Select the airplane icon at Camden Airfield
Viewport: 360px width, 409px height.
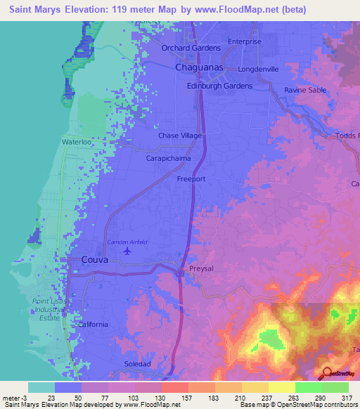pos(127,250)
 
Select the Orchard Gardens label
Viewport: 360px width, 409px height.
pos(191,48)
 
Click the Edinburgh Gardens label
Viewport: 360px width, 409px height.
pos(219,85)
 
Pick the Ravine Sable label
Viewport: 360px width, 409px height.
pos(306,91)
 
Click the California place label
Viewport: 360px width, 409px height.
pos(93,324)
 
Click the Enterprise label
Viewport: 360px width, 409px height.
pos(244,41)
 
